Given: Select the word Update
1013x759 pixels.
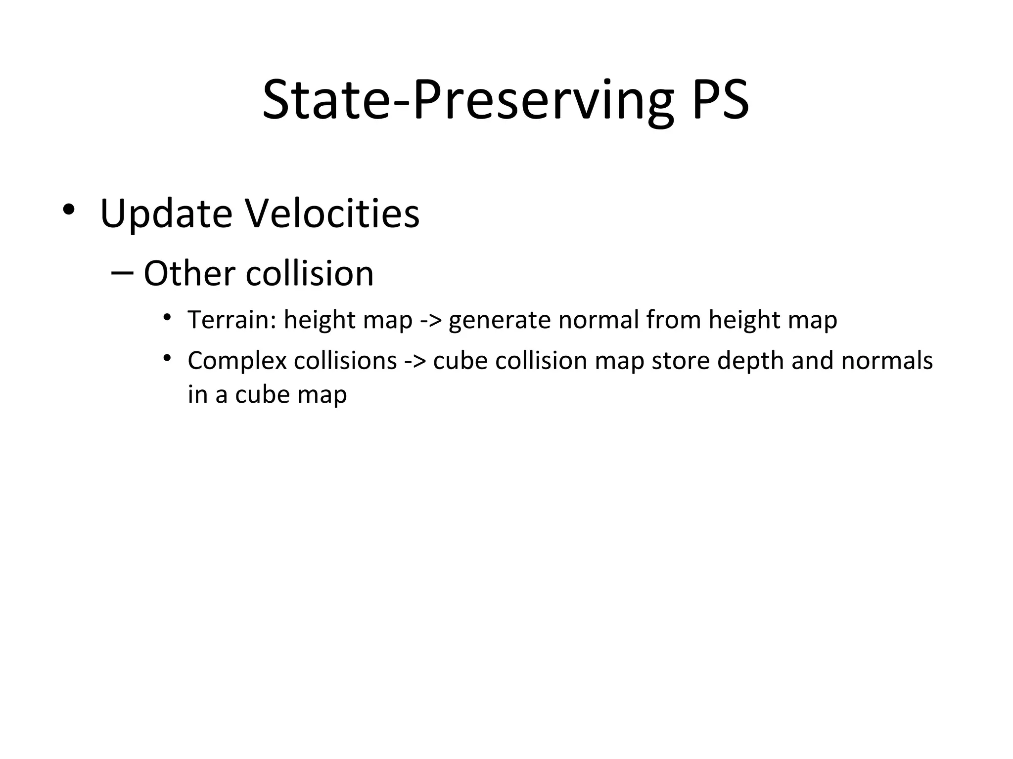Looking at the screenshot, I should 166,214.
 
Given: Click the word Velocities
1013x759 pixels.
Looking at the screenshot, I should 332,214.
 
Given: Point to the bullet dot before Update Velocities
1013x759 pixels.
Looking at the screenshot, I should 68,210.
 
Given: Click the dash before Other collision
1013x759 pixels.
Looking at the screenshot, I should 122,272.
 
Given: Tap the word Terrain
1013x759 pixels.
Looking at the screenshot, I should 231,320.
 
